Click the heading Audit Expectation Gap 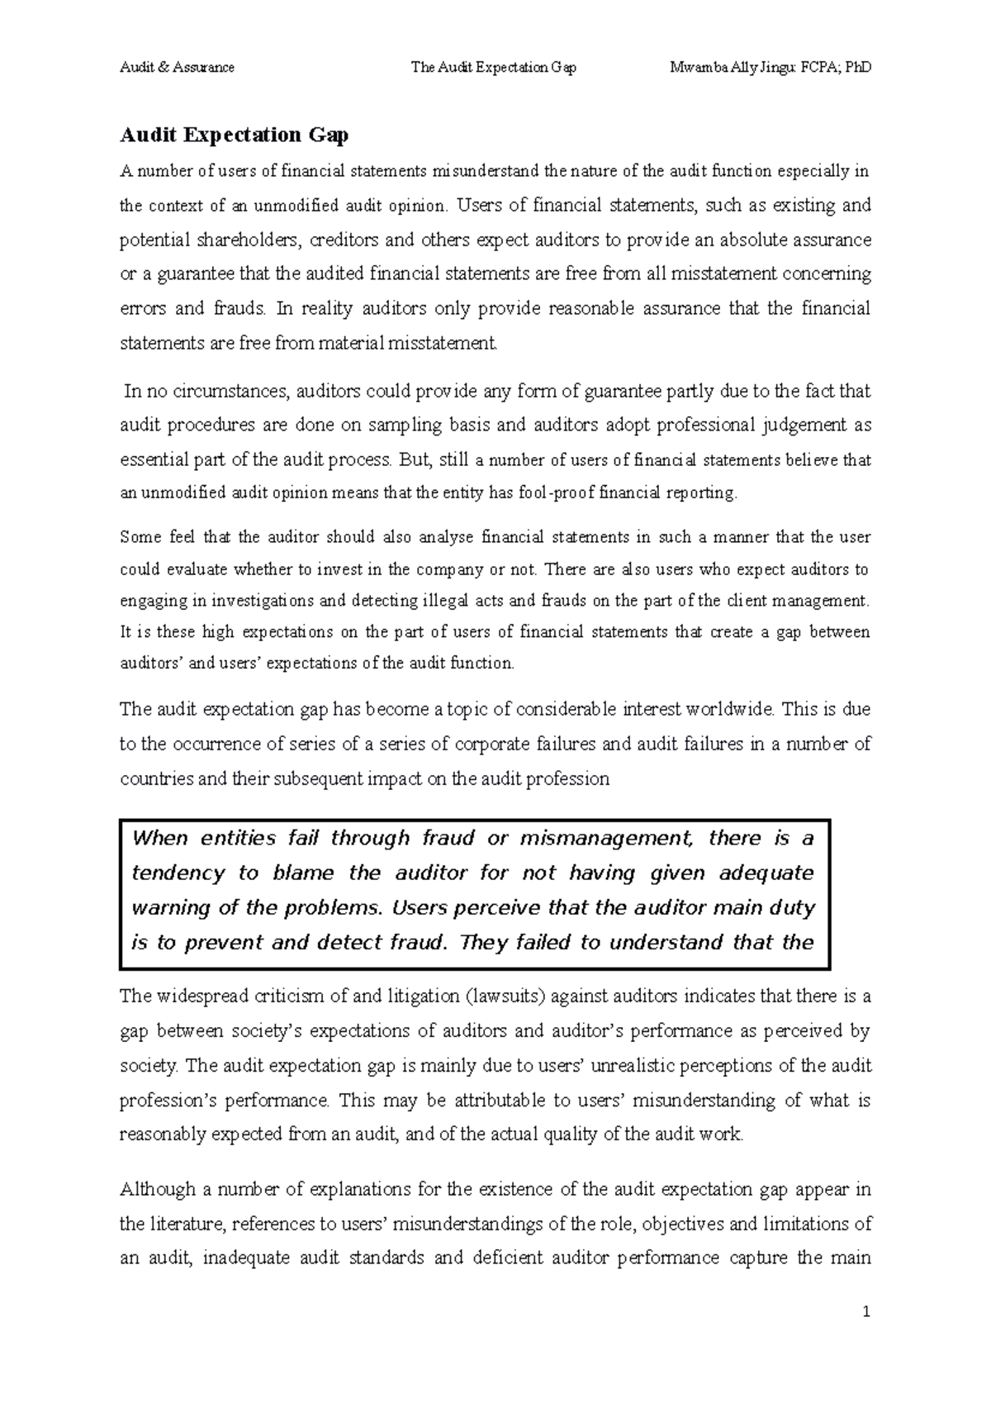tap(235, 135)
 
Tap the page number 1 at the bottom tap(866, 1313)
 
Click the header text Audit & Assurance tap(177, 68)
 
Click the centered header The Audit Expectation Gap tap(494, 68)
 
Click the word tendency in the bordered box tap(178, 873)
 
